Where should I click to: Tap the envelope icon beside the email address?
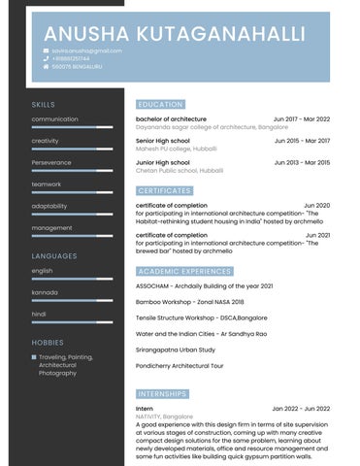(46, 50)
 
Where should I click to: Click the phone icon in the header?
(46, 58)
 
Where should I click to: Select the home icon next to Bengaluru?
(46, 66)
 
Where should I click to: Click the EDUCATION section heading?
(161, 104)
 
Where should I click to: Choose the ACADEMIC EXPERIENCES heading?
(184, 271)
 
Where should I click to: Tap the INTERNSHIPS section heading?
(163, 395)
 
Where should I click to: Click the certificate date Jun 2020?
(316, 206)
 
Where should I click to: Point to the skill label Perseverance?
(52, 162)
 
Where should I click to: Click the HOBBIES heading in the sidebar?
(48, 343)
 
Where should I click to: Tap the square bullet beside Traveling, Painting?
(34, 357)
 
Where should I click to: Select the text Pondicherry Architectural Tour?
(180, 366)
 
